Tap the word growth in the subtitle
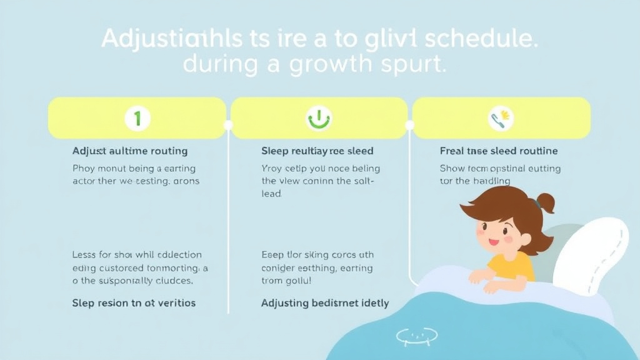click(x=332, y=65)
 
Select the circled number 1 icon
click(x=137, y=117)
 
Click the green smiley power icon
click(x=319, y=117)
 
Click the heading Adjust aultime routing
click(x=130, y=151)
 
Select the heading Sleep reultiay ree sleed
click(x=317, y=151)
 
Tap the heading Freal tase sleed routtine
click(x=499, y=151)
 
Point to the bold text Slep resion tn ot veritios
click(x=134, y=303)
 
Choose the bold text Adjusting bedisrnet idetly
click(x=325, y=303)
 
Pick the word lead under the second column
click(x=271, y=194)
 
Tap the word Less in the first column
click(x=83, y=255)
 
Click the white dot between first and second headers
click(x=228, y=125)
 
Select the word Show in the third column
click(x=452, y=169)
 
